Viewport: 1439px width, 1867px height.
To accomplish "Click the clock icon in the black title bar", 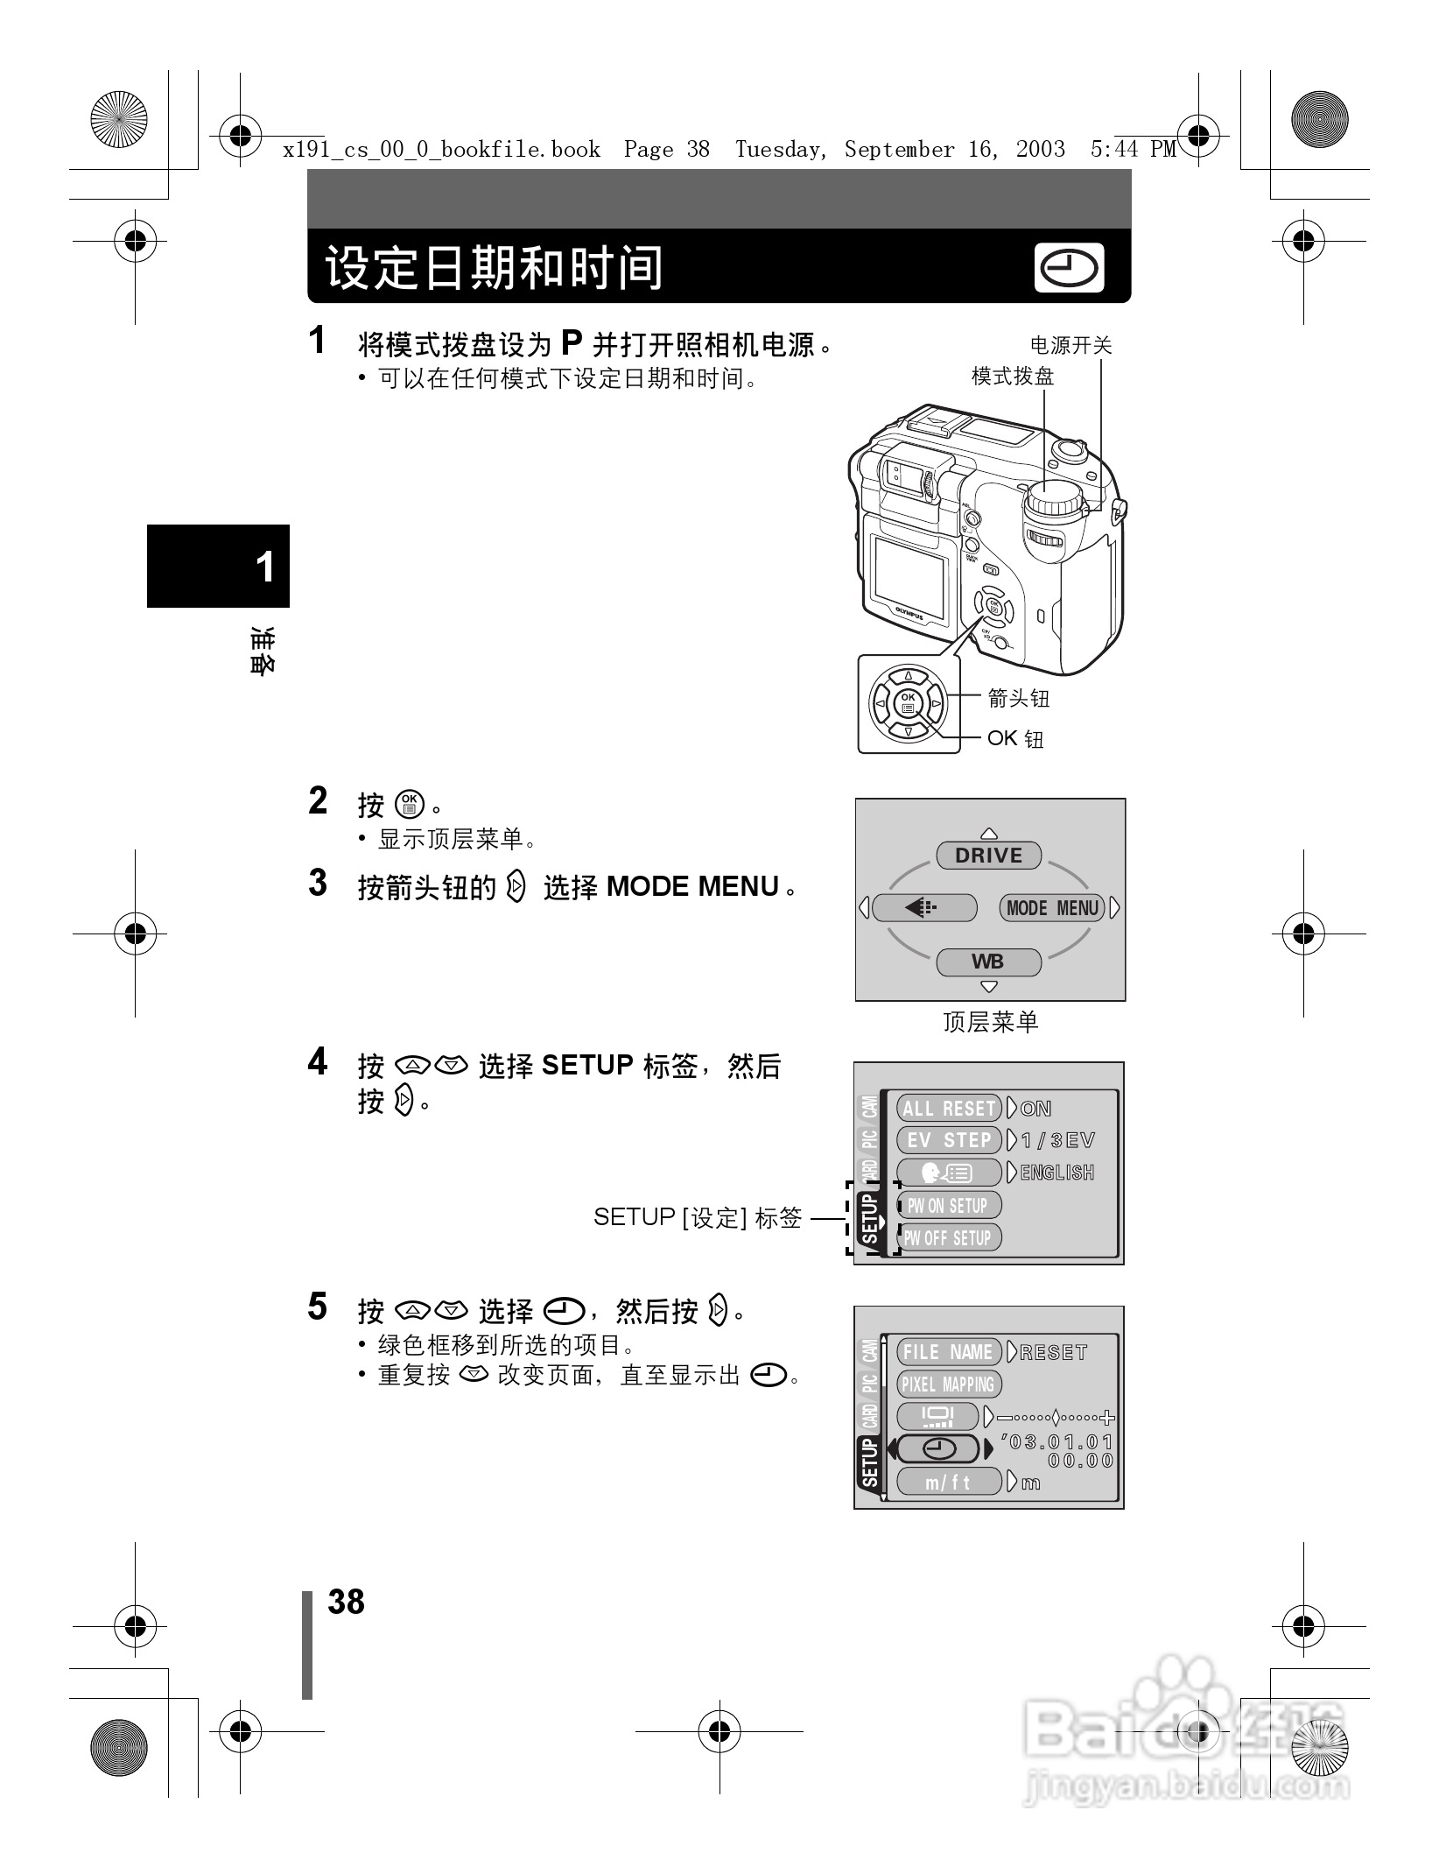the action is [x=1069, y=268].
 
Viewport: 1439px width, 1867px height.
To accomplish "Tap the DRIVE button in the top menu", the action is [x=988, y=856].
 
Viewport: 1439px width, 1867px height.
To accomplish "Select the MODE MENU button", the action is [x=1052, y=908].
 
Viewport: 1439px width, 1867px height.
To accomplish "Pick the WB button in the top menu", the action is [x=988, y=962].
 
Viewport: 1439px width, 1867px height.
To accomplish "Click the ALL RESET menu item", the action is [x=949, y=1109].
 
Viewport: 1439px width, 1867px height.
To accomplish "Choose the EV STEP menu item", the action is [x=949, y=1140].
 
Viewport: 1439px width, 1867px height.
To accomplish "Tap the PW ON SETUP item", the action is [x=949, y=1206].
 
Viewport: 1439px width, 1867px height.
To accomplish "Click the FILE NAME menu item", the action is [x=949, y=1352].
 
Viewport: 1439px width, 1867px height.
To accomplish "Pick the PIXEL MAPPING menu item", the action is [x=949, y=1384].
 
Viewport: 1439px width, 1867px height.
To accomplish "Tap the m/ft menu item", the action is [x=949, y=1483].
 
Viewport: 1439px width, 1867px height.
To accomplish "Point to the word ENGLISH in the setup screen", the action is [x=1057, y=1173].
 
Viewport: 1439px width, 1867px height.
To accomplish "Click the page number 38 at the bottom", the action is [x=346, y=1602].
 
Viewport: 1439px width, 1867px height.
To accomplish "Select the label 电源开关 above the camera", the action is [x=1070, y=346].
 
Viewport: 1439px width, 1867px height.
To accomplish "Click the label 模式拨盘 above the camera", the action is [x=1013, y=377].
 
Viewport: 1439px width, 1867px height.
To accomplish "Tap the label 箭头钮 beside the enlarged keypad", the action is [x=1018, y=698].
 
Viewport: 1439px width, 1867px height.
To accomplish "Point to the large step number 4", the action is [x=318, y=1061].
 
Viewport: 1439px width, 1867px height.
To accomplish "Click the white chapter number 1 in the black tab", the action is [x=264, y=567].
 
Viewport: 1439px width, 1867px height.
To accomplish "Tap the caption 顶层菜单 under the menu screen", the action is [x=990, y=1022].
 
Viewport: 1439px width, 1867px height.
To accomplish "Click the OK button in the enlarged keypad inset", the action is [x=908, y=702].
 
